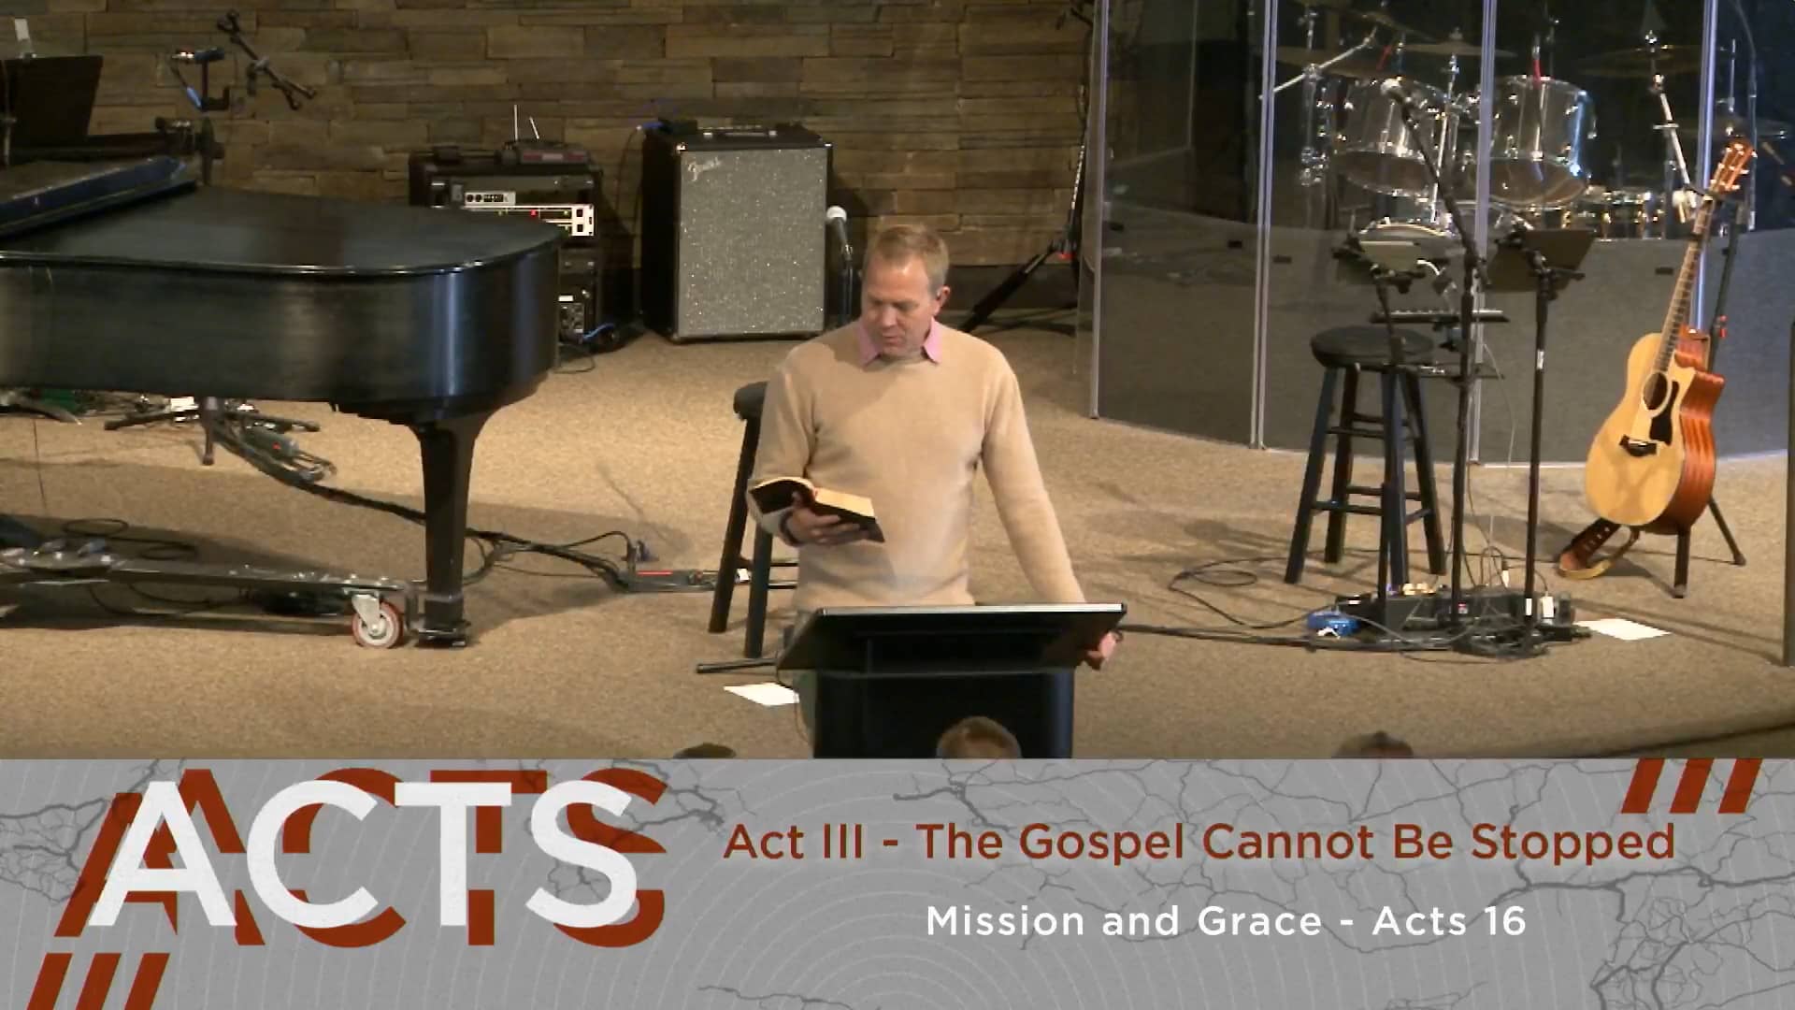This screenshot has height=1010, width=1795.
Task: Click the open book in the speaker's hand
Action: (x=815, y=509)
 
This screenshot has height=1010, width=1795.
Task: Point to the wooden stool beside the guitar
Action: (x=1368, y=449)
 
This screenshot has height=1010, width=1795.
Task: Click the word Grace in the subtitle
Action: (x=1258, y=921)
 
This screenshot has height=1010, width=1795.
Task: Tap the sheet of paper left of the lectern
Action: (x=760, y=693)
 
